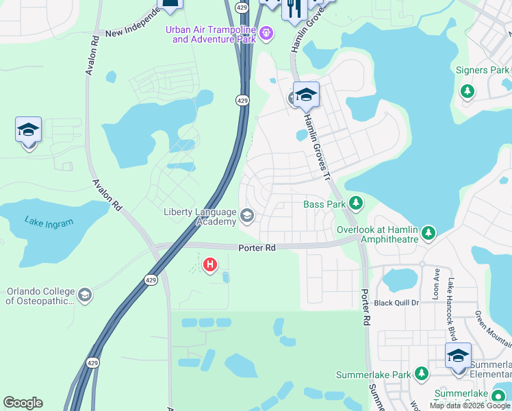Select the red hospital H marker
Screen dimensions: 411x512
point(211,264)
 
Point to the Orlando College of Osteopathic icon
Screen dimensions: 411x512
point(85,295)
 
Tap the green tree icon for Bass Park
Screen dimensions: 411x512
point(355,203)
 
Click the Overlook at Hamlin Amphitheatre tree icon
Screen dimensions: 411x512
point(428,234)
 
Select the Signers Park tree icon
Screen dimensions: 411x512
point(468,90)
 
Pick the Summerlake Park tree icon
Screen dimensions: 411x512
point(422,374)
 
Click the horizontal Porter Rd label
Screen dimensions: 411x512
point(257,248)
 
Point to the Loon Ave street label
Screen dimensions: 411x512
point(436,283)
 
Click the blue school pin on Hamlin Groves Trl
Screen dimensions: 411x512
point(306,95)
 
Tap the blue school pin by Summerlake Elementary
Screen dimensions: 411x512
point(458,356)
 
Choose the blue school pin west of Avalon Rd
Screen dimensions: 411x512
point(29,129)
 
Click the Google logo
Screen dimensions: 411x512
point(23,403)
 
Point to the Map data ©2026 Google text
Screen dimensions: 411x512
point(469,406)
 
